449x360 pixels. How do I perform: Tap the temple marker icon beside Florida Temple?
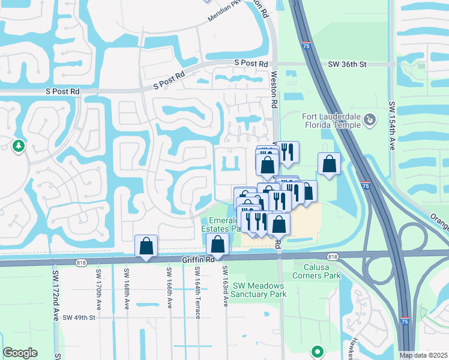click(x=370, y=120)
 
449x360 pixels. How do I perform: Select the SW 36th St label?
click(x=347, y=64)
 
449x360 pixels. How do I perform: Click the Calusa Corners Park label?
click(x=316, y=271)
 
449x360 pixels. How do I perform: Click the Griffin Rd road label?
click(x=197, y=260)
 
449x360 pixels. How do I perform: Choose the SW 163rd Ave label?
click(x=226, y=286)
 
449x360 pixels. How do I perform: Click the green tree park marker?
click(x=19, y=146)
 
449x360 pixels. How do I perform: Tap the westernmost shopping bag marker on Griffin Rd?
click(x=146, y=246)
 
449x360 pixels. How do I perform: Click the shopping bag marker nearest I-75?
click(x=329, y=164)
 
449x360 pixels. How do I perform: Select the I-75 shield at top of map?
click(x=306, y=45)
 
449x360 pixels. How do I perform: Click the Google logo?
click(x=20, y=353)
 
